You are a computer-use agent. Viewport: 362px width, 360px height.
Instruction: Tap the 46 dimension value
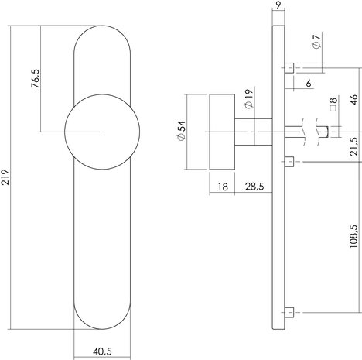[352, 98]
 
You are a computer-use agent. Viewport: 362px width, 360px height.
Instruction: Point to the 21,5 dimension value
[352, 146]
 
